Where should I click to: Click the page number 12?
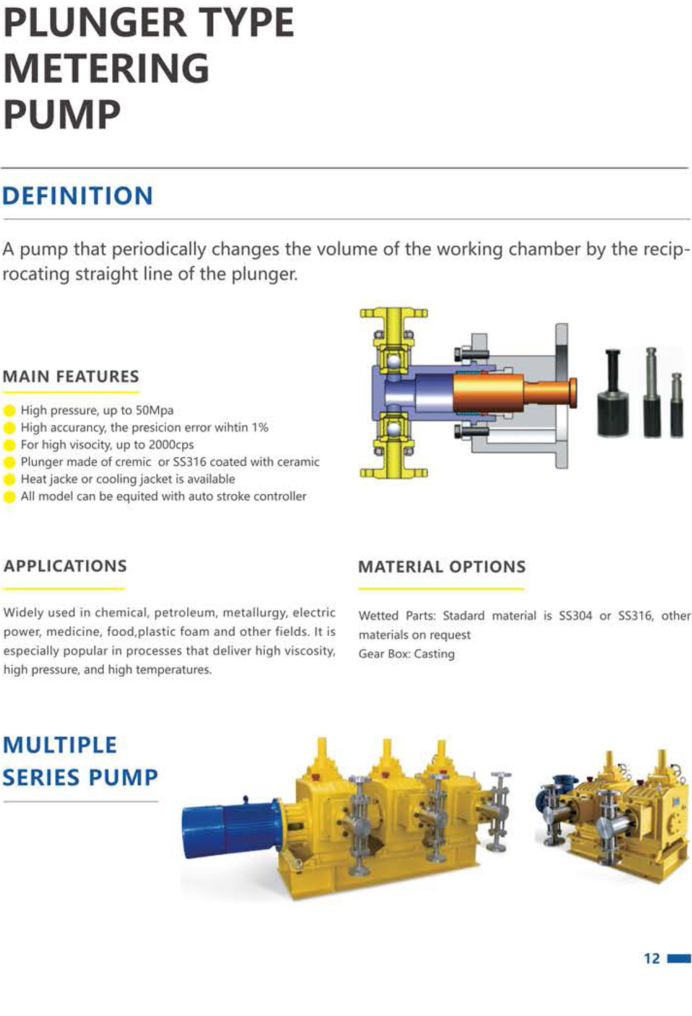pos(652,958)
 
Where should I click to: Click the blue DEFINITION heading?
pos(78,196)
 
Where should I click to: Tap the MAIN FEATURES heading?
pos(71,377)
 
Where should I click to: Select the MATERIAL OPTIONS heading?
pos(442,567)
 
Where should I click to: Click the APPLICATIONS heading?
pos(65,566)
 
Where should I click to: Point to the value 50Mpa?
pos(155,410)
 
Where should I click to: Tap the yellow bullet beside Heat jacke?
pos(9,480)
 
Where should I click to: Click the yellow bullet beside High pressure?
pos(9,411)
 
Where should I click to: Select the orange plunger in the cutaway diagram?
pos(514,393)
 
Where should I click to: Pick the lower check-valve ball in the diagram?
pos(393,428)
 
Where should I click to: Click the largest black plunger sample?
pos(613,394)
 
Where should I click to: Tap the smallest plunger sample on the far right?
pos(676,405)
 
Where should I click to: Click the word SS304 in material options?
pos(575,616)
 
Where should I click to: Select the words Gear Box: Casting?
pos(407,654)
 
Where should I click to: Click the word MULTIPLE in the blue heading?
pos(60,745)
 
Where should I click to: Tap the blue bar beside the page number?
pos(679,958)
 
